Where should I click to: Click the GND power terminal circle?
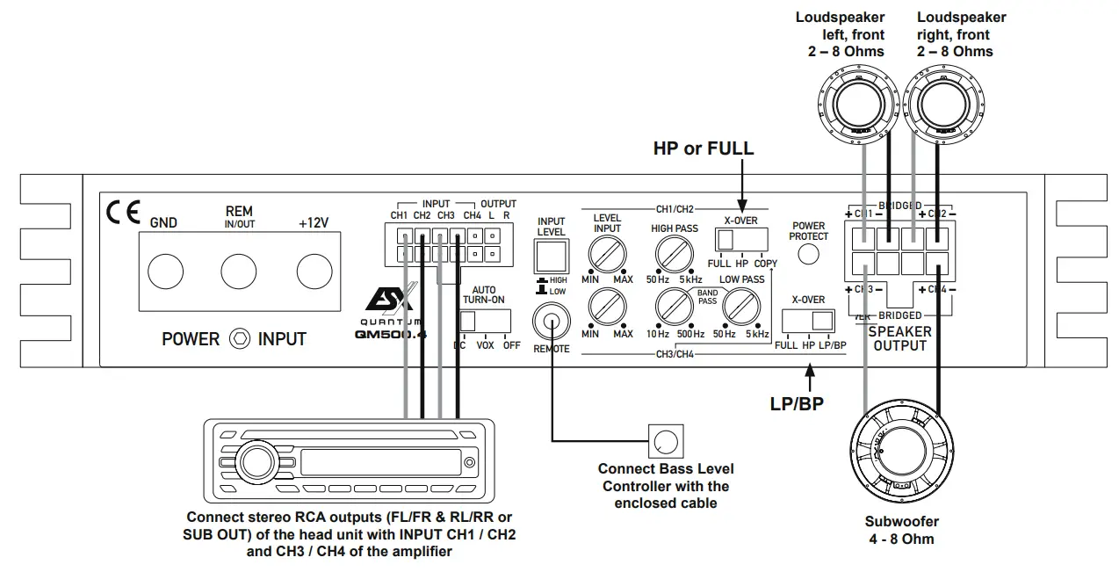164,272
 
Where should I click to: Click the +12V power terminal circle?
314,272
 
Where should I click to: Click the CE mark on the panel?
118,212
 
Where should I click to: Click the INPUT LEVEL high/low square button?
552,256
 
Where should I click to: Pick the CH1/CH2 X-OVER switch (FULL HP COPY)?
740,239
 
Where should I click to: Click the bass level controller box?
665,439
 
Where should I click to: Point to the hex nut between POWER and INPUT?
238,338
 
